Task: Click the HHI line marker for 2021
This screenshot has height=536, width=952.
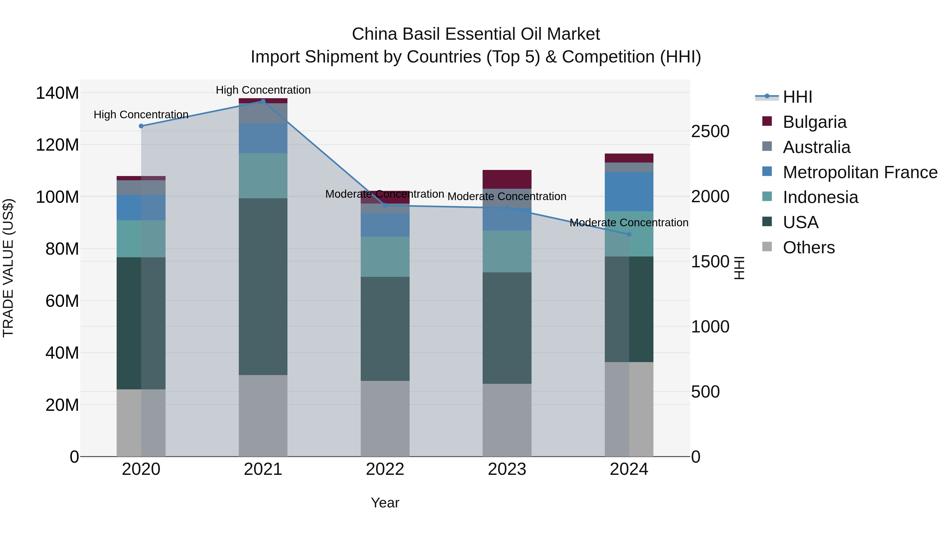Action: click(x=263, y=101)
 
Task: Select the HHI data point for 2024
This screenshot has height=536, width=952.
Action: click(x=629, y=234)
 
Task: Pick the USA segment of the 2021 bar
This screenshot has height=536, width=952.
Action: click(x=263, y=287)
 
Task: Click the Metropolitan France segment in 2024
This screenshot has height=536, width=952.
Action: click(x=629, y=192)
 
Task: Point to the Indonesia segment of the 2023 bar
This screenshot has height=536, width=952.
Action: click(x=507, y=251)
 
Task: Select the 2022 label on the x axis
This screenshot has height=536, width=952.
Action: click(x=385, y=469)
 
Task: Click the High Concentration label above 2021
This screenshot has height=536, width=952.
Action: click(x=263, y=90)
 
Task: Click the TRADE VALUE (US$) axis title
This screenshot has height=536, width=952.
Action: click(x=8, y=268)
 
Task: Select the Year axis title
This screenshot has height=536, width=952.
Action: click(x=385, y=503)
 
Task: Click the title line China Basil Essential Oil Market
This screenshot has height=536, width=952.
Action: click(x=476, y=34)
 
